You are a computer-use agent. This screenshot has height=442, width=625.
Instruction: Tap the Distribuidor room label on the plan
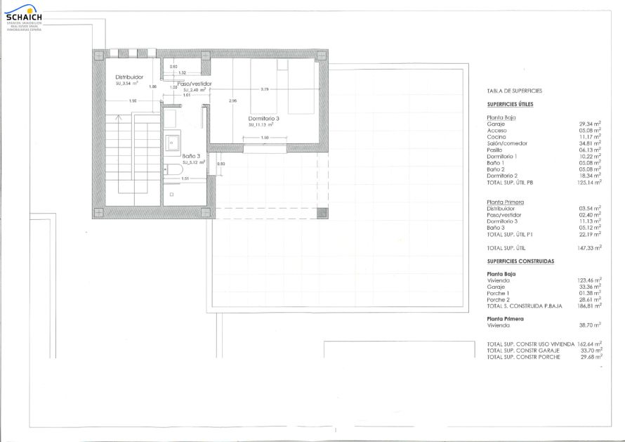click(130, 77)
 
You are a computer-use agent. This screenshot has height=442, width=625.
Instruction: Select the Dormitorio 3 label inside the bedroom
click(263, 119)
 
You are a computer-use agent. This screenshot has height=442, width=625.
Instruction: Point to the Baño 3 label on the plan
click(192, 156)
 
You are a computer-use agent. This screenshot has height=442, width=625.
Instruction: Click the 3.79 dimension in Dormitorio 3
click(265, 89)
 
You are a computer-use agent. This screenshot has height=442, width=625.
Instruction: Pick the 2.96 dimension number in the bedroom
click(233, 101)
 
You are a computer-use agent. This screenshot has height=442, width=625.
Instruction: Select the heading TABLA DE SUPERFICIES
click(514, 91)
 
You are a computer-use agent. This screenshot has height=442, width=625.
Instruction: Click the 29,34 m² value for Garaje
click(589, 124)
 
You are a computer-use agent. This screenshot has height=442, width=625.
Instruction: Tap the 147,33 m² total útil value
click(589, 248)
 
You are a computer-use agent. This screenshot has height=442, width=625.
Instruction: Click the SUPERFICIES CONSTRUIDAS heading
click(520, 261)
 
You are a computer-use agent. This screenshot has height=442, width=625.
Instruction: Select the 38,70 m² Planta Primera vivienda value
click(589, 325)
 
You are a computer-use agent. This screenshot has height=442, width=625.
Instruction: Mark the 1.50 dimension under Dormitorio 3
click(264, 138)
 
